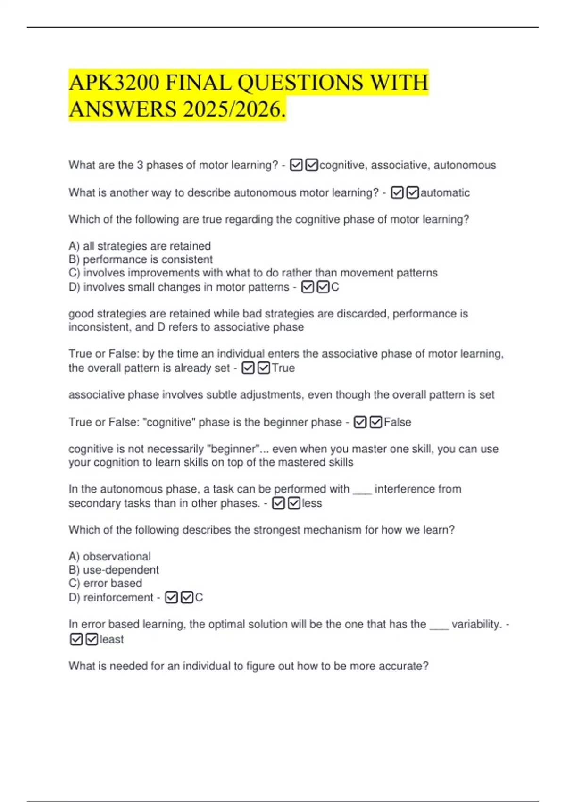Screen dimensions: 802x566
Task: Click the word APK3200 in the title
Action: click(x=114, y=83)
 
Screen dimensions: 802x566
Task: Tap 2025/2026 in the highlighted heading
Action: click(x=234, y=109)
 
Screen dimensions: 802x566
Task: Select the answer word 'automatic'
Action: click(x=445, y=192)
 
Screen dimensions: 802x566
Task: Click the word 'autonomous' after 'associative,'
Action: click(x=465, y=165)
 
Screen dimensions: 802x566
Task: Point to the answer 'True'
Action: click(x=283, y=368)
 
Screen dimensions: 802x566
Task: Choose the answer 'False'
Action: click(x=397, y=422)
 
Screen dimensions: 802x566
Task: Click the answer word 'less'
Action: click(x=312, y=503)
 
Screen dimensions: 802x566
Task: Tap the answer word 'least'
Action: click(x=112, y=639)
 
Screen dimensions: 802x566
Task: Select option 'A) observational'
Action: click(x=109, y=556)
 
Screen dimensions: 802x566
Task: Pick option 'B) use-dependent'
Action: click(x=114, y=570)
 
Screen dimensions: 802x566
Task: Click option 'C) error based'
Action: click(x=105, y=583)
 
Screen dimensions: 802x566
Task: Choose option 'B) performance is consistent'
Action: click(x=141, y=259)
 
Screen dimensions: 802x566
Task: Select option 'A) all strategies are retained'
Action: click(x=140, y=246)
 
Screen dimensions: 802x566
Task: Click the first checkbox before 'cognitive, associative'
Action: click(x=296, y=165)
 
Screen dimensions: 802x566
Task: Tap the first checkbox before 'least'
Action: click(x=76, y=639)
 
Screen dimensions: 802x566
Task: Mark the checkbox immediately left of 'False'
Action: click(x=376, y=422)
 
